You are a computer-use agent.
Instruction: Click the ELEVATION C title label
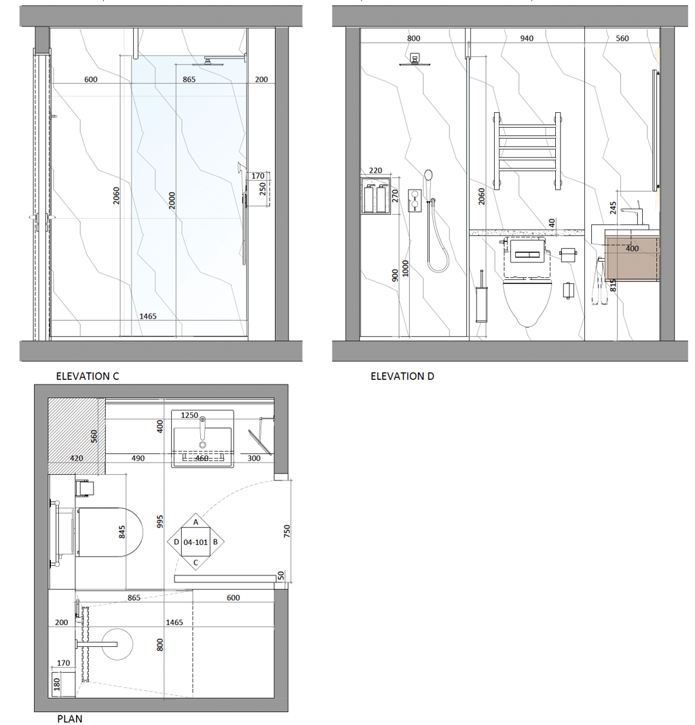point(88,376)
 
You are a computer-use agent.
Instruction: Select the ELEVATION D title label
point(402,376)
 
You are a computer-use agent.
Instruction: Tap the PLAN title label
point(70,718)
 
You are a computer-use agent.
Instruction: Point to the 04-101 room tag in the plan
point(195,542)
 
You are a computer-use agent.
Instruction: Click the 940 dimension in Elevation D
point(527,38)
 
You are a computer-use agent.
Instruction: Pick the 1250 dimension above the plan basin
point(189,415)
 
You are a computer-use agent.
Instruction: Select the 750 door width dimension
point(287,531)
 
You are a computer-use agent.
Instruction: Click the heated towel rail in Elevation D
point(527,151)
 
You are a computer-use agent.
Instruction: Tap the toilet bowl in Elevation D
point(527,302)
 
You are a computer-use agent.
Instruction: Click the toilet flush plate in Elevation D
point(527,255)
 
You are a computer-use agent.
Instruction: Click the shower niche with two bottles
point(375,196)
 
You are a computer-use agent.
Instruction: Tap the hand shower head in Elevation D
point(428,175)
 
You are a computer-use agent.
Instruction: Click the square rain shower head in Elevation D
point(414,60)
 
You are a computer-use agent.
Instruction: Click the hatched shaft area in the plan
point(77,436)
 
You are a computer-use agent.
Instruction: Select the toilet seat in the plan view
point(110,532)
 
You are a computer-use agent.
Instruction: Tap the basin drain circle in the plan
point(202,445)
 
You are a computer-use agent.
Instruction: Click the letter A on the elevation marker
point(195,522)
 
